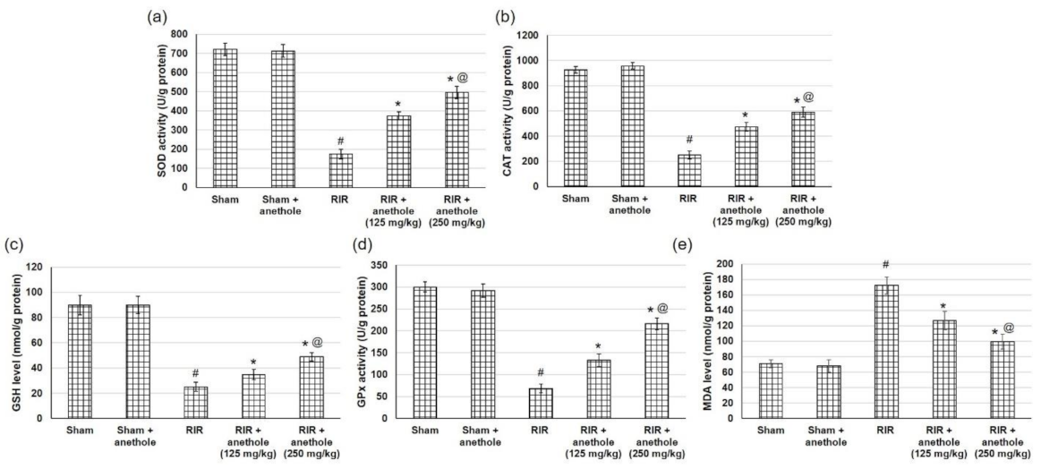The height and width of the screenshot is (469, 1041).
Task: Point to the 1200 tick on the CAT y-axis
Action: tap(529, 36)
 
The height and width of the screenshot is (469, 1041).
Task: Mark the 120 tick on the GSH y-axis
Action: tap(33, 267)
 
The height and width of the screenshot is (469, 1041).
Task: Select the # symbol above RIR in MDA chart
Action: tap(885, 264)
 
